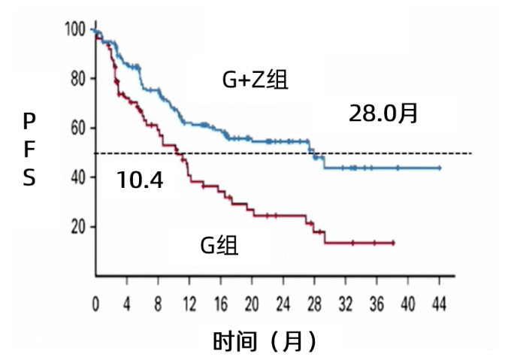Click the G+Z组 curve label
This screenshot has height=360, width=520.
tap(254, 80)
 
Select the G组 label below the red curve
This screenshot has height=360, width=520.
tap(219, 245)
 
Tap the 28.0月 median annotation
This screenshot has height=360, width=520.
tap(382, 113)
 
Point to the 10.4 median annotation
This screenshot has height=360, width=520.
tap(141, 179)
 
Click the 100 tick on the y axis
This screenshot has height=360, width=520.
tap(76, 30)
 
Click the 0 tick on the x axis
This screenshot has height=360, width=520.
tap(95, 304)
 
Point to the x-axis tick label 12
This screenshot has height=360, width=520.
tap(189, 304)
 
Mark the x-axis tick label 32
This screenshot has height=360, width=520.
tap(346, 304)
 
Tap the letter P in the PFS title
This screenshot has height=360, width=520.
tap(29, 120)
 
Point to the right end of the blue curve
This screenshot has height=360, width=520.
tap(440, 168)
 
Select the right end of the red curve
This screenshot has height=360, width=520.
tap(393, 243)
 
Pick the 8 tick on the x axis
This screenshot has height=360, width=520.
tap(158, 304)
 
